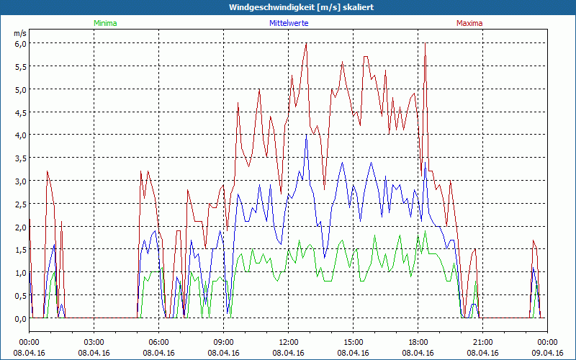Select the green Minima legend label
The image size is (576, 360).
(x=104, y=23)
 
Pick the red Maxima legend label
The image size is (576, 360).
(x=468, y=23)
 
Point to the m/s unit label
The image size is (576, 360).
(x=19, y=33)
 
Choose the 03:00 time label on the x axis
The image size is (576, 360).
(x=94, y=342)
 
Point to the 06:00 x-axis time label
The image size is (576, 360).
(x=159, y=342)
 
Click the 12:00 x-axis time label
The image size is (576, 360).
(x=289, y=342)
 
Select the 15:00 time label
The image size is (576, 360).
(x=354, y=342)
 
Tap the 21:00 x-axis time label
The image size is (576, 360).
(x=483, y=342)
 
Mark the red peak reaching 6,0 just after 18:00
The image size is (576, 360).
(x=426, y=44)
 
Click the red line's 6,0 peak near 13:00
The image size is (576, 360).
(x=307, y=44)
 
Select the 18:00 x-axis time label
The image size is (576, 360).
(x=418, y=342)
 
